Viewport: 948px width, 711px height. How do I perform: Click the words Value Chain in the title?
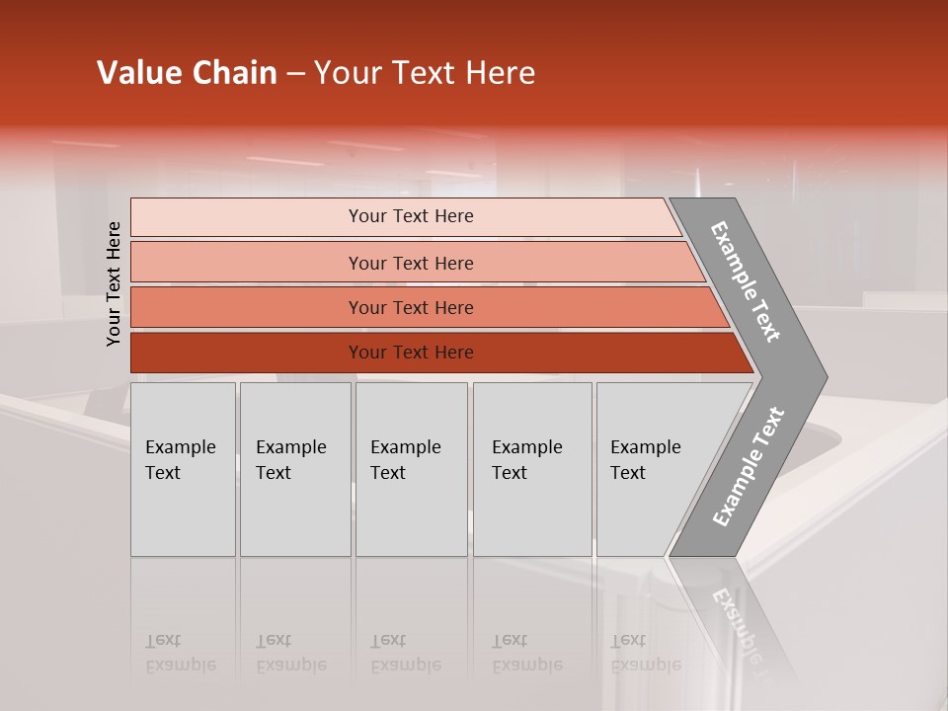[187, 73]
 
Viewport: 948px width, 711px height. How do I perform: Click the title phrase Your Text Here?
[425, 73]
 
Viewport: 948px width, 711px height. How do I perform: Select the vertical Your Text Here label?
[114, 284]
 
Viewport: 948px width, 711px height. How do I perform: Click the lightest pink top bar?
[247, 217]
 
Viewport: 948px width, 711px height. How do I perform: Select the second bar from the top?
[247, 263]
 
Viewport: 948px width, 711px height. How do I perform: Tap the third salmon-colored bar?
[247, 307]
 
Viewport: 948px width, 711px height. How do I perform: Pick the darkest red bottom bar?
[247, 353]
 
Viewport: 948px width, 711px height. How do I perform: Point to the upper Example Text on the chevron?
[746, 282]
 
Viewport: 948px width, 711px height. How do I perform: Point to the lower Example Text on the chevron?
[748, 466]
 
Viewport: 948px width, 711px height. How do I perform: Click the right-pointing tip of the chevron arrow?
[822, 377]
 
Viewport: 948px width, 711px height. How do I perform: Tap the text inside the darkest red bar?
[411, 353]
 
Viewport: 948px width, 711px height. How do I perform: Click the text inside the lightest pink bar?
[411, 216]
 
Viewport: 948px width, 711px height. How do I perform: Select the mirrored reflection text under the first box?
[180, 653]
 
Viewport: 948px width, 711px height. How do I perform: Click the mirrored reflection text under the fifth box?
[645, 653]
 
